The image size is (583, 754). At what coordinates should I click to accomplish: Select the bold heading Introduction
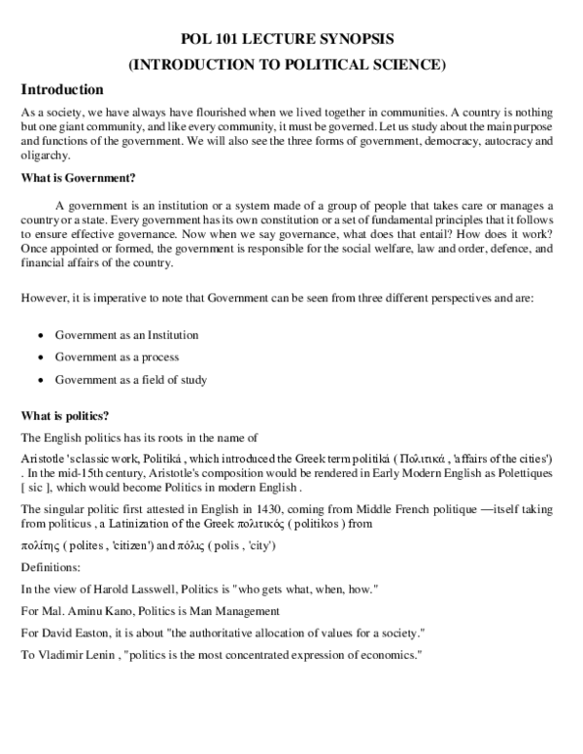pos(62,89)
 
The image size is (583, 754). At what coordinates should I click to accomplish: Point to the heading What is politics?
pos(71,415)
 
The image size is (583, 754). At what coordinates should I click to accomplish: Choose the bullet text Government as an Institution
pos(126,335)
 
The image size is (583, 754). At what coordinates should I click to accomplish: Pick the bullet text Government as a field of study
pos(130,380)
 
